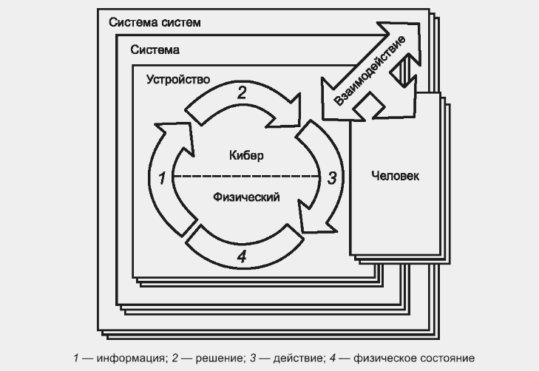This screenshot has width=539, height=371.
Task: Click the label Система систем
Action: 155,22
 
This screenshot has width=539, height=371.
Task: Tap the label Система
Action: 155,50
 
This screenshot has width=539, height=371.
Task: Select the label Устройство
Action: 178,80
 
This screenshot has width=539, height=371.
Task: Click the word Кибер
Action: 246,156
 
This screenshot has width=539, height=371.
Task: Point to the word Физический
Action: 246,197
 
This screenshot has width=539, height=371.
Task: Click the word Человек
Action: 396,176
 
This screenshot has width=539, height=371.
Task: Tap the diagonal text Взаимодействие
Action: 370,70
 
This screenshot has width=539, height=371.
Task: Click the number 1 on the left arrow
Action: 162,178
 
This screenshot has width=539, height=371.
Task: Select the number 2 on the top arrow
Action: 242,93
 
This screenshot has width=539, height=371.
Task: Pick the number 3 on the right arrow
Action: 332,178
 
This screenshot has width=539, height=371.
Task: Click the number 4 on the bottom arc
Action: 242,256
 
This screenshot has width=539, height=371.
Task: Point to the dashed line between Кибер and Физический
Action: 246,177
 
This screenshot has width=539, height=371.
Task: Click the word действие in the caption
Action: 298,358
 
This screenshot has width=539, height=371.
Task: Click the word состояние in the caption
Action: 449,358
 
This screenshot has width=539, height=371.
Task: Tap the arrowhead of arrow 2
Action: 286,111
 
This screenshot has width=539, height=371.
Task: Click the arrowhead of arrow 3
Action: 313,217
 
